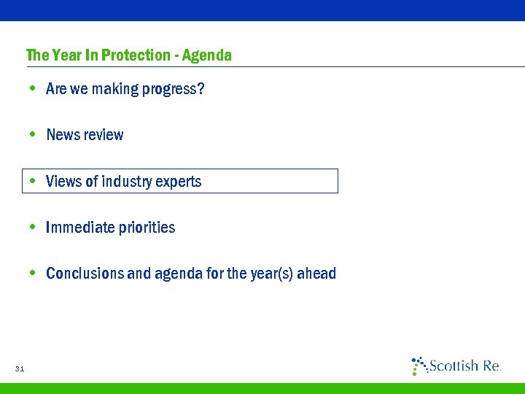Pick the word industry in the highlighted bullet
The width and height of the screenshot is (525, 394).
129,181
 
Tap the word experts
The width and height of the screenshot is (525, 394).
179,182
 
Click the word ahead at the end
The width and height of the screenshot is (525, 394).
319,274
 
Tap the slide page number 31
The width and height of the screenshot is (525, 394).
20,369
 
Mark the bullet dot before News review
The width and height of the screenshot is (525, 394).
33,135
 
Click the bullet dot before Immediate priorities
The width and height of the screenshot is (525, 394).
33,228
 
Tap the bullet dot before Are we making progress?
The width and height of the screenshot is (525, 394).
33,89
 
